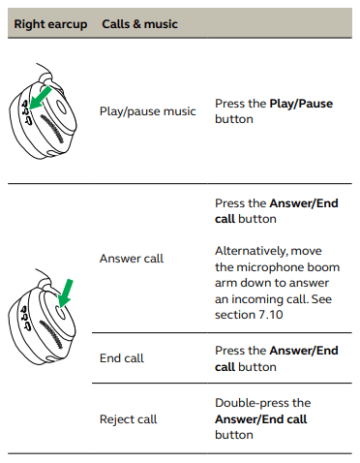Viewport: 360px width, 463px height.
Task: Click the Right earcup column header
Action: pos(50,24)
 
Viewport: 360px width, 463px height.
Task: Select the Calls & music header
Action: pos(139,24)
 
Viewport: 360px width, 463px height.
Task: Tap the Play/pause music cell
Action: pos(148,111)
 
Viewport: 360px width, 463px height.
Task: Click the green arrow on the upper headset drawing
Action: pos(40,97)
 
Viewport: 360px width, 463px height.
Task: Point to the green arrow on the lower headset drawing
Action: pos(66,293)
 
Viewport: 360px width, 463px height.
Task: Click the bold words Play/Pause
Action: pos(301,104)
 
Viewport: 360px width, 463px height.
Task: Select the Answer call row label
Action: pos(132,259)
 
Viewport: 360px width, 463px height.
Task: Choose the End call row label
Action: pos(122,358)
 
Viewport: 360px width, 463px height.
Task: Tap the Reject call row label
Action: pos(128,419)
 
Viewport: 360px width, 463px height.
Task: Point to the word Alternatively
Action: pos(251,251)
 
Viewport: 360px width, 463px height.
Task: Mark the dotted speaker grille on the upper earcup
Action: pos(52,129)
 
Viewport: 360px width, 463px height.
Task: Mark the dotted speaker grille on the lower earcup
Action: pos(51,334)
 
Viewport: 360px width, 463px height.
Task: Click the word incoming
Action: pos(263,299)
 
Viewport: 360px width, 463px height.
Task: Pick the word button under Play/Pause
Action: pos(234,119)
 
